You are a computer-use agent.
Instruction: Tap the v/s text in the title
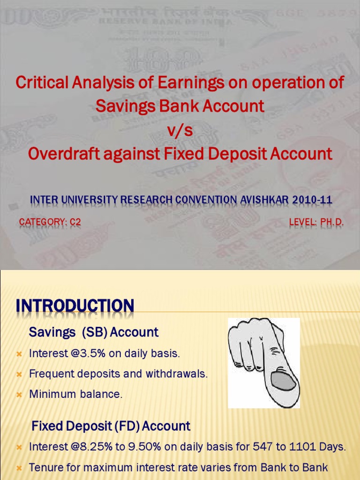(180, 130)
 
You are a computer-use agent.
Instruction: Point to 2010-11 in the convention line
(312, 200)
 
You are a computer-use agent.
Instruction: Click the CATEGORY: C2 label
(50, 222)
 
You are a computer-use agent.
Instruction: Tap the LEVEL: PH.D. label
(316, 222)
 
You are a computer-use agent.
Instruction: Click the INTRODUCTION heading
(75, 306)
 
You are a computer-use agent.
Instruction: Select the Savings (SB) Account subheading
(94, 332)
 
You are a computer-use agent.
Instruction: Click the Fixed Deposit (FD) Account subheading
(111, 426)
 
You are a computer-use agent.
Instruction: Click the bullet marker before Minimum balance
(19, 395)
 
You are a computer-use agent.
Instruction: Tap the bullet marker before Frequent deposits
(19, 374)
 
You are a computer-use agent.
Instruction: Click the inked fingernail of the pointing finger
(283, 380)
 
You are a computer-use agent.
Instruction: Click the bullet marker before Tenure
(19, 467)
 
